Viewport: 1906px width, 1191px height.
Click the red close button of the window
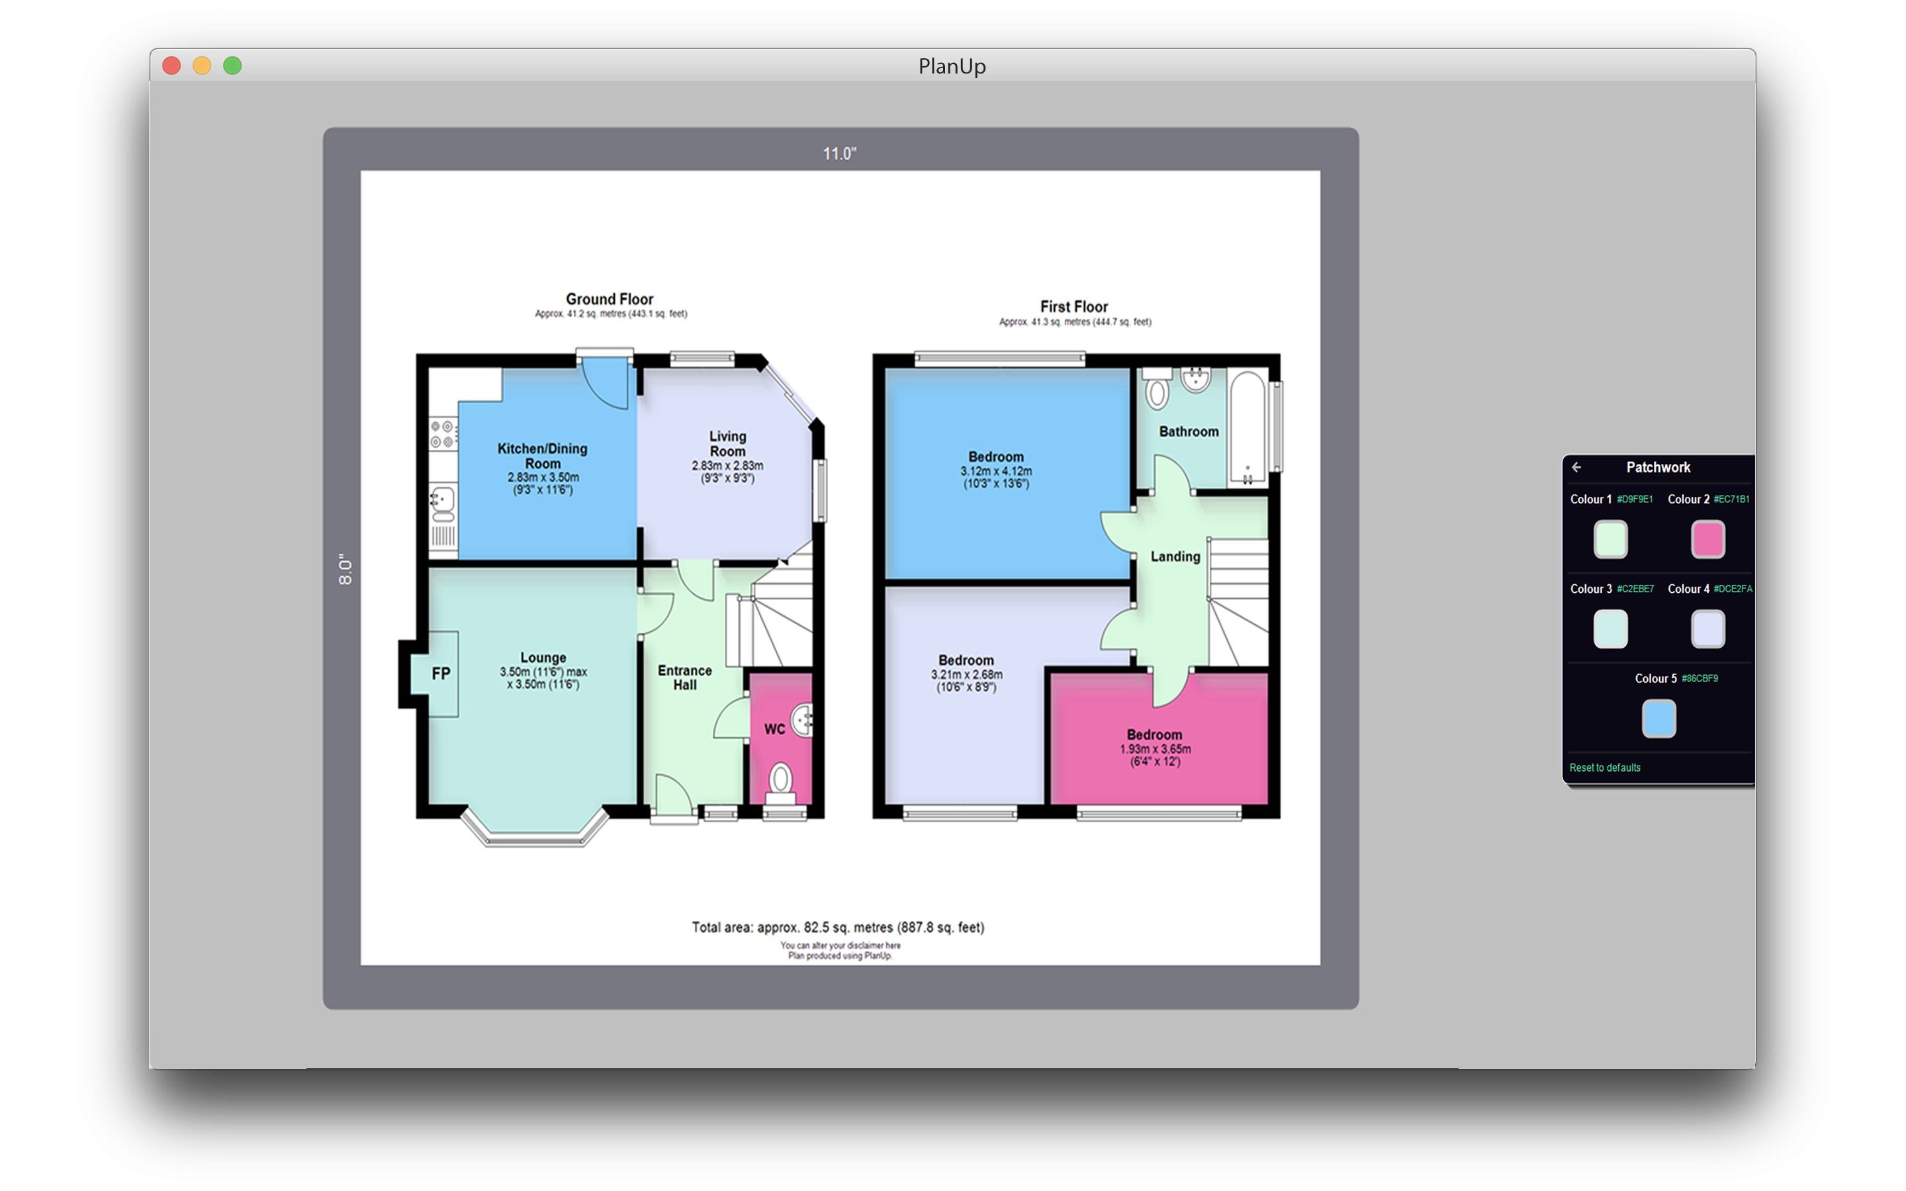point(171,66)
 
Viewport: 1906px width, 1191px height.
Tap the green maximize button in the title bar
point(232,66)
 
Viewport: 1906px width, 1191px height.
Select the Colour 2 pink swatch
point(1707,539)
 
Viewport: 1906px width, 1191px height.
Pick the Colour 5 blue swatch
point(1658,719)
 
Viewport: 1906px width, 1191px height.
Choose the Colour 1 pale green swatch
point(1610,539)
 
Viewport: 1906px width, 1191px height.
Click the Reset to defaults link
point(1604,768)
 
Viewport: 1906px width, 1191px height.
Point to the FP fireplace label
point(441,674)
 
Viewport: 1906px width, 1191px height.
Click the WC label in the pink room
point(774,729)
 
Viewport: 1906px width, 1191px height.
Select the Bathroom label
point(1189,431)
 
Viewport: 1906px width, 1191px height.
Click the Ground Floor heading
point(610,299)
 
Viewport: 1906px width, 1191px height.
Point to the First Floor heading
point(1073,306)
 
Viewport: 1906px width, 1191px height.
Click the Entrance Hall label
point(684,678)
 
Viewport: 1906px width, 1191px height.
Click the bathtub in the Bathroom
point(1247,426)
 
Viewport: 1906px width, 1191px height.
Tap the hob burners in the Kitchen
point(442,434)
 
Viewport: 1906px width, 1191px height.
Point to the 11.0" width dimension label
point(840,154)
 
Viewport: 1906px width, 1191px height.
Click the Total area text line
point(838,927)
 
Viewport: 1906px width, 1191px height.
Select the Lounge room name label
point(543,657)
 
